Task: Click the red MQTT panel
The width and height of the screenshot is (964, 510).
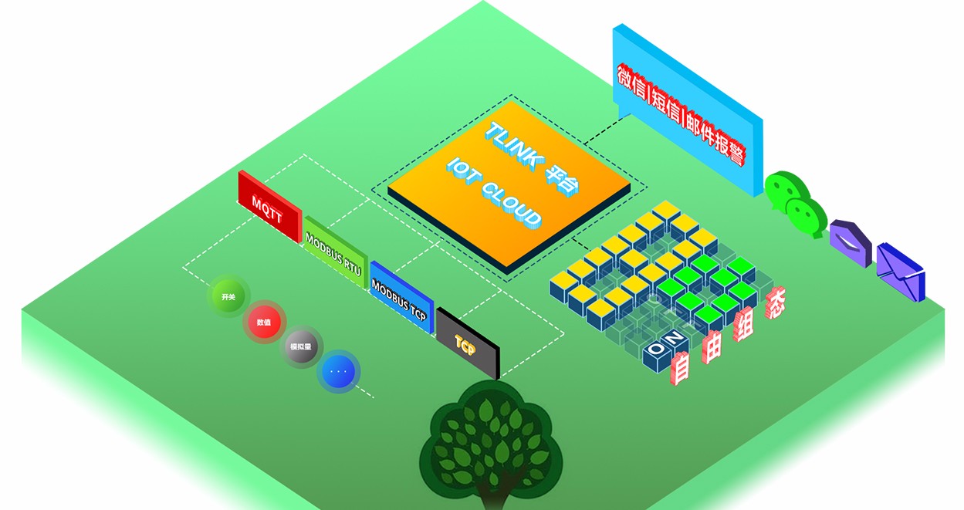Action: point(268,205)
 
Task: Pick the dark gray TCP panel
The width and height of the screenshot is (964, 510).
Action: point(467,342)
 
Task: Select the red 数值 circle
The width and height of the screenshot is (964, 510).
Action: point(264,322)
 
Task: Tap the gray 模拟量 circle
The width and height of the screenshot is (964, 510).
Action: point(301,347)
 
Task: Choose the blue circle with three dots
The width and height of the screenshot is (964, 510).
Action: point(338,371)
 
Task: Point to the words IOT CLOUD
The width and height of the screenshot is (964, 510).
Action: point(494,193)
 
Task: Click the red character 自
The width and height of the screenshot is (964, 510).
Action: point(681,368)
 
